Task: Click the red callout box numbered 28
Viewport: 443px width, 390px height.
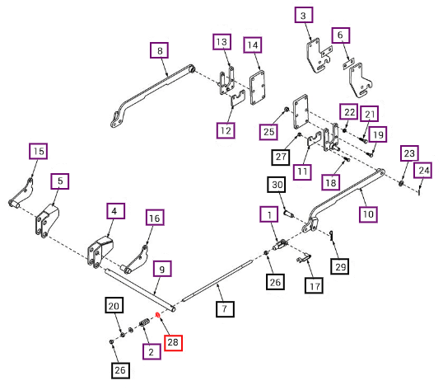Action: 173,343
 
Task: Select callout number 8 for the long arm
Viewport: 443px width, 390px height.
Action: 160,50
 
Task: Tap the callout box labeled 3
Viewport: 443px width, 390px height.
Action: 304,15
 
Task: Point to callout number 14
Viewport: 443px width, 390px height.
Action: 253,45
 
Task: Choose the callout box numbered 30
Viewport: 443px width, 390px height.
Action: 277,185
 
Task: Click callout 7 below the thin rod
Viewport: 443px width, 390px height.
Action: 225,308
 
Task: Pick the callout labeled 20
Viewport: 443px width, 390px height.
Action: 114,305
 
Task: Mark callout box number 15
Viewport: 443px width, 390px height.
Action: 38,151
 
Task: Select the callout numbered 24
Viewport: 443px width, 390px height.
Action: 422,170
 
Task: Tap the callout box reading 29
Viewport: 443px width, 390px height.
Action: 340,266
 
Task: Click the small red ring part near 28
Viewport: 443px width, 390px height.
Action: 158,315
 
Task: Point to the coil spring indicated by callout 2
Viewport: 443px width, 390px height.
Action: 144,322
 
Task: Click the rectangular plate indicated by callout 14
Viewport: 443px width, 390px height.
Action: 258,87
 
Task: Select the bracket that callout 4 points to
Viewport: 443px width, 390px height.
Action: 100,252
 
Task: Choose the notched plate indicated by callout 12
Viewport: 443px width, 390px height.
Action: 238,99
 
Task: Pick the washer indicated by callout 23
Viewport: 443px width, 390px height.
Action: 401,183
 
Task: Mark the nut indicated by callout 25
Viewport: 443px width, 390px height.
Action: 287,109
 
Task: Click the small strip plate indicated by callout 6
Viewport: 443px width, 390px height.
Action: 348,64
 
